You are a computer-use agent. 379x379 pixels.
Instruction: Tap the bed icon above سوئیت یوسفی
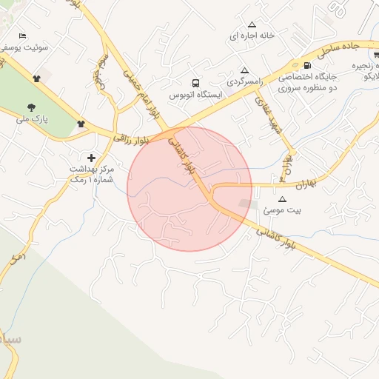click(22, 36)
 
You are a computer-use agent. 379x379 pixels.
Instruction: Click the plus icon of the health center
click(91, 158)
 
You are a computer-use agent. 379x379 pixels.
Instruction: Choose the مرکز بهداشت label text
click(94, 169)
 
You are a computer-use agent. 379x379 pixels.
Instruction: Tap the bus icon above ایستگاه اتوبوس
click(195, 83)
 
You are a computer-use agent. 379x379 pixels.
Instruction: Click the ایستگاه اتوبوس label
click(192, 95)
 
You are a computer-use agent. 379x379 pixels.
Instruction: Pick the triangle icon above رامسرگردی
click(244, 70)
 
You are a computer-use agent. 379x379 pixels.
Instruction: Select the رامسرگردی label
click(245, 81)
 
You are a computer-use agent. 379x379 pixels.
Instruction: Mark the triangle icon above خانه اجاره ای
click(252, 23)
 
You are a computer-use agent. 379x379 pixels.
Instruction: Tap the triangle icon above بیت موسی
click(282, 199)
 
